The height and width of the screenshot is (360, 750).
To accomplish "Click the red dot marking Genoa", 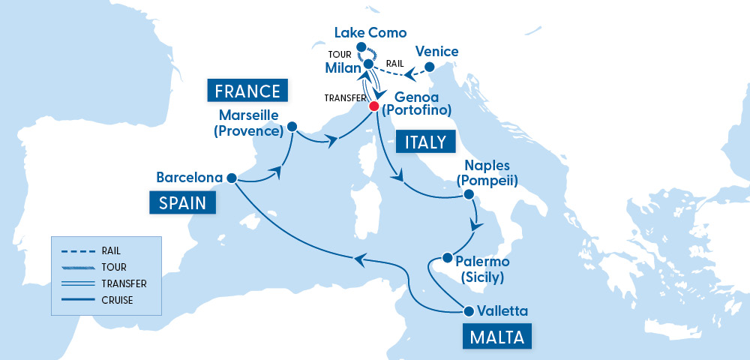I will (x=373, y=106).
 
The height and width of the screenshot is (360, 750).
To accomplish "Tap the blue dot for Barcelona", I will (x=232, y=178).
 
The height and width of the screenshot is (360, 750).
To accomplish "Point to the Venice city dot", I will (x=430, y=67).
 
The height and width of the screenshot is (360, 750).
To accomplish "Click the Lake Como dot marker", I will (x=361, y=47).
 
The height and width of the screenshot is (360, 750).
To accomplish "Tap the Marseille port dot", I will (x=292, y=127).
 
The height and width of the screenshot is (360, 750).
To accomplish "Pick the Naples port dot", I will (x=469, y=194).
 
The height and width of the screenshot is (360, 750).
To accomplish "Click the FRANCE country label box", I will (x=247, y=91).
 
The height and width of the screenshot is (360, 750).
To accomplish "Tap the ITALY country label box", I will (x=425, y=141).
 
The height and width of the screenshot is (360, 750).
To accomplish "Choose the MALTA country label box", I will (x=496, y=335).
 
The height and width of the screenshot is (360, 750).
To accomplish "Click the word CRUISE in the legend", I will (x=118, y=300).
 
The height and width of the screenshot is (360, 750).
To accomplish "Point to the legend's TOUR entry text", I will (x=114, y=267).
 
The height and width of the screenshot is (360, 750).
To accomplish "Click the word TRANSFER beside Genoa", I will (x=344, y=98).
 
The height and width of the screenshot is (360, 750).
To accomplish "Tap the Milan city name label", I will (x=343, y=68).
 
